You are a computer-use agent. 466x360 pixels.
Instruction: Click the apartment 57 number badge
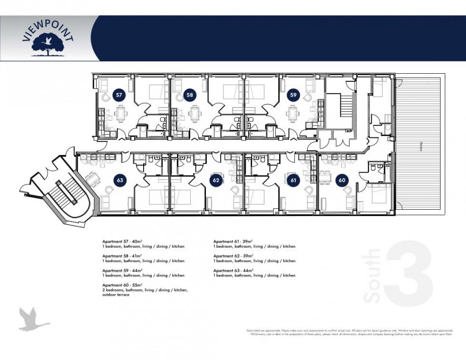tap(119, 95)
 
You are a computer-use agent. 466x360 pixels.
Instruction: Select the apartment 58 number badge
tap(190, 95)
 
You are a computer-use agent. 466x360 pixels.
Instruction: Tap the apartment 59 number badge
tap(293, 95)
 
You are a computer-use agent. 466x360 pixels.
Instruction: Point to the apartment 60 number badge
tap(341, 180)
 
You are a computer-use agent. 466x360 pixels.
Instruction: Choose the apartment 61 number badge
tap(293, 180)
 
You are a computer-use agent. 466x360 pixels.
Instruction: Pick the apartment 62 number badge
tap(216, 180)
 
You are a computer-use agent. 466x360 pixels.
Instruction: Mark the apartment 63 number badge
tap(120, 180)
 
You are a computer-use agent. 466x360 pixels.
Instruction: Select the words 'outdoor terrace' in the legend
tap(116, 295)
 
